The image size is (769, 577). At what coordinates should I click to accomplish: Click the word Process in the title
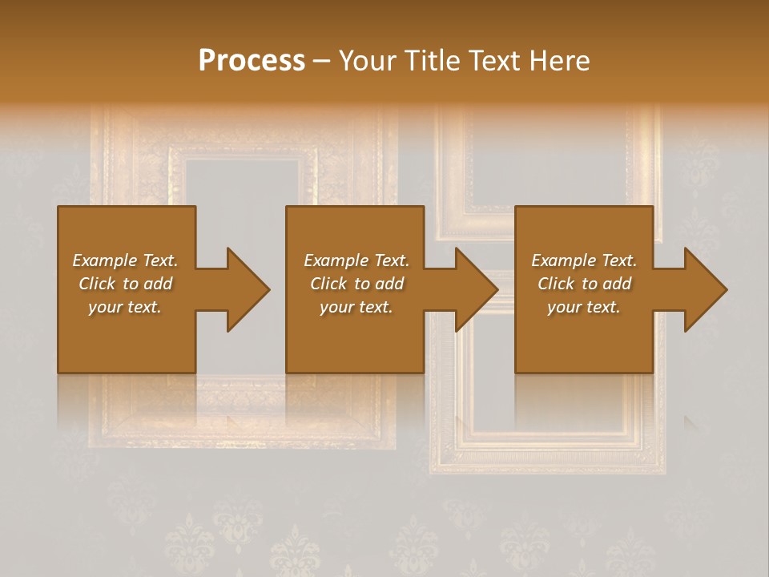click(x=252, y=61)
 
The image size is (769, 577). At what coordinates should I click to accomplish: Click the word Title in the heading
click(x=433, y=61)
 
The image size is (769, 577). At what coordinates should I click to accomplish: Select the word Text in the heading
click(x=495, y=61)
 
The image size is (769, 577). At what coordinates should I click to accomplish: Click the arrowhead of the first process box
click(x=248, y=289)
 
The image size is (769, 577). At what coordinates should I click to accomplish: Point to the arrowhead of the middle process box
click(x=477, y=289)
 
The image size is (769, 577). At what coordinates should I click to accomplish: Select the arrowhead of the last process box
click(x=706, y=289)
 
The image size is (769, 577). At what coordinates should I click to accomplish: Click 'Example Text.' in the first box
click(x=125, y=260)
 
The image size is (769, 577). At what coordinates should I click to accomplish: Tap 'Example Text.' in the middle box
click(x=356, y=260)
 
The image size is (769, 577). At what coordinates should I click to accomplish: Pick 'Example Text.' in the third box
click(x=584, y=260)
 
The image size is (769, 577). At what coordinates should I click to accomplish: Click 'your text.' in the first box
click(x=125, y=307)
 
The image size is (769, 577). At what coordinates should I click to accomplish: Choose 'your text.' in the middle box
click(x=356, y=307)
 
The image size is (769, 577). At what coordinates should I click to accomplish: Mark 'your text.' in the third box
click(x=584, y=307)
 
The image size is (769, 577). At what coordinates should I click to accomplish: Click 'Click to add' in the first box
click(x=125, y=284)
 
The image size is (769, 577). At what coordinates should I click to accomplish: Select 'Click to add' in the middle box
click(x=356, y=284)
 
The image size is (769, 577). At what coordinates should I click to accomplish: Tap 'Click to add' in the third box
click(x=584, y=284)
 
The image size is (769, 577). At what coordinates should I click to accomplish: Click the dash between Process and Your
click(x=322, y=62)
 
